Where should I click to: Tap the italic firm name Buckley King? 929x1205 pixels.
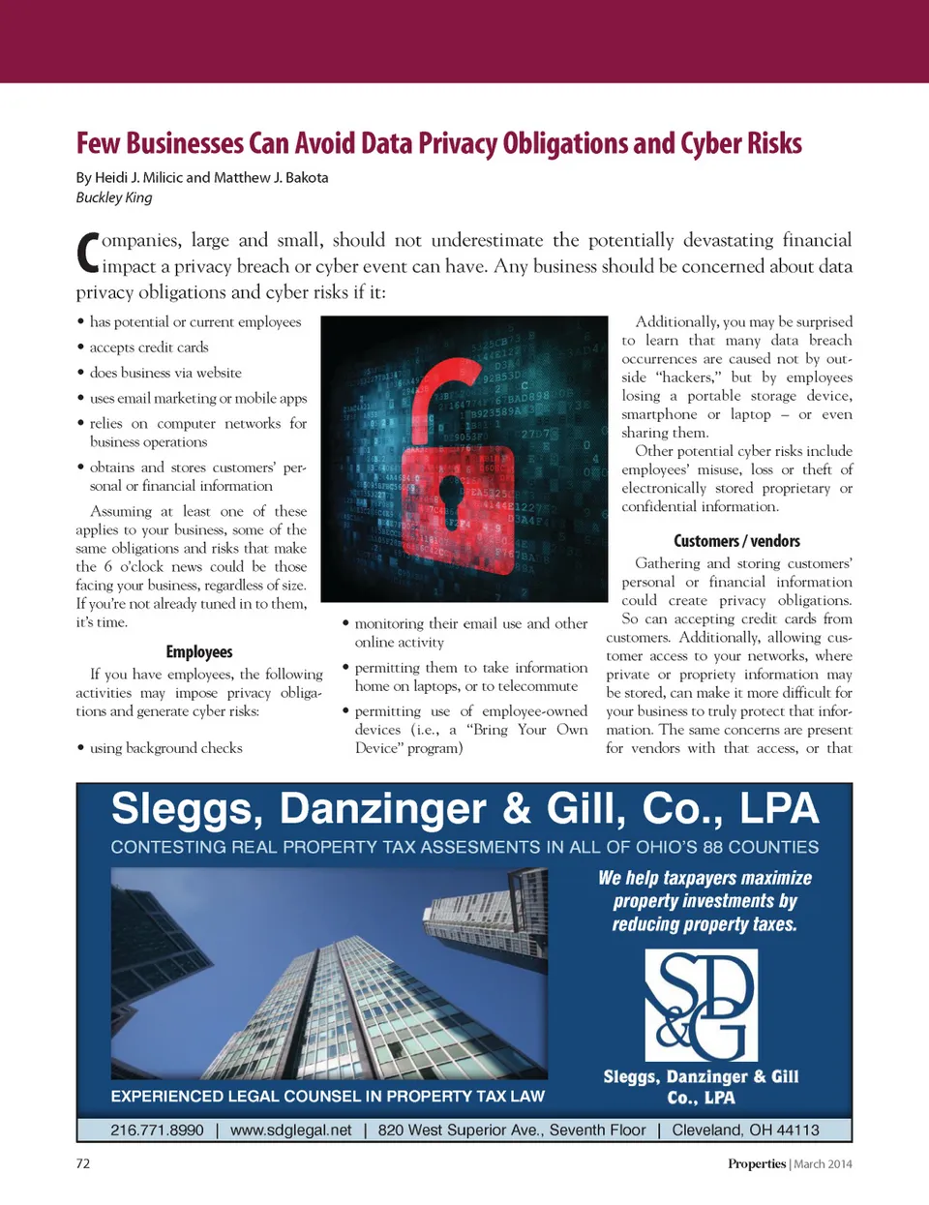pyautogui.click(x=114, y=197)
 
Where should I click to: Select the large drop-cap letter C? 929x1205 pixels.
pyautogui.click(x=87, y=254)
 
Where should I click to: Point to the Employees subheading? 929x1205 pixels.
pyautogui.click(x=199, y=652)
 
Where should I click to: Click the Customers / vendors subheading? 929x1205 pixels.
pyautogui.click(x=736, y=541)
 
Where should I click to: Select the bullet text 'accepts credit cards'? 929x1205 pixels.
pyautogui.click(x=149, y=347)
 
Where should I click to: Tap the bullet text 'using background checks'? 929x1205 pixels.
pyautogui.click(x=165, y=748)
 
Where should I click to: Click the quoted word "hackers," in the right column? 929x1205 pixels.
pyautogui.click(x=688, y=377)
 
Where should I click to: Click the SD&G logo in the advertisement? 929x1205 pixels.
pyautogui.click(x=701, y=1005)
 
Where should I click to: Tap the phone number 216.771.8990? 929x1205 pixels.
pyautogui.click(x=157, y=1130)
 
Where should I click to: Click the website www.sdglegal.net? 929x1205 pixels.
pyautogui.click(x=291, y=1130)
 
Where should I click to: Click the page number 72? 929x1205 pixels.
pyautogui.click(x=83, y=1163)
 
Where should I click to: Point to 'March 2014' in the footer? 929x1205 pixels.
pyautogui.click(x=823, y=1164)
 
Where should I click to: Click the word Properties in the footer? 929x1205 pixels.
pyautogui.click(x=757, y=1164)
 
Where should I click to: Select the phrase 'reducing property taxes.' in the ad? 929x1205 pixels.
pyautogui.click(x=704, y=924)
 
